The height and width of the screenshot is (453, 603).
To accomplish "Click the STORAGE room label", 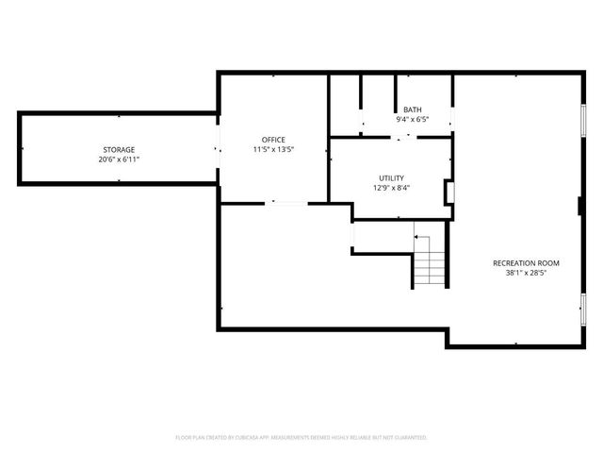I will point(119,150).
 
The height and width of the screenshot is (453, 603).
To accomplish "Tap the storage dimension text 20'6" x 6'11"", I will point(119,159).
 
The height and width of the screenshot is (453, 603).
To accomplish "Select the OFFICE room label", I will point(273,140).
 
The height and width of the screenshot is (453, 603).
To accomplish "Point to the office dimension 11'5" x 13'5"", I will point(273,149).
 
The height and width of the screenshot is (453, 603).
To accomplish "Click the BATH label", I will point(413,109).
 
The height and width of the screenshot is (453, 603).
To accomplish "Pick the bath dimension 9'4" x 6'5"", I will point(413,119).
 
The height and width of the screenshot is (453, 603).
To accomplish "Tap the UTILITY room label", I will point(391,177).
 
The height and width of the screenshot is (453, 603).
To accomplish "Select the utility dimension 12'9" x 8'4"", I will point(391,187).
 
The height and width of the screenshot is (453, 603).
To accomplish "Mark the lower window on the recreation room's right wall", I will point(583,309).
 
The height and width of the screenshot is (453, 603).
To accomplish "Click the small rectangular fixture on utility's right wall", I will point(449,193).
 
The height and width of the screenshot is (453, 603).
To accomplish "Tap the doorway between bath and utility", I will point(402,138).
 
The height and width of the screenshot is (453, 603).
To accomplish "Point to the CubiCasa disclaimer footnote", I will point(301,437).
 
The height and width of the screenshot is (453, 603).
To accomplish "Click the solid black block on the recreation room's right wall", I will point(580,207).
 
